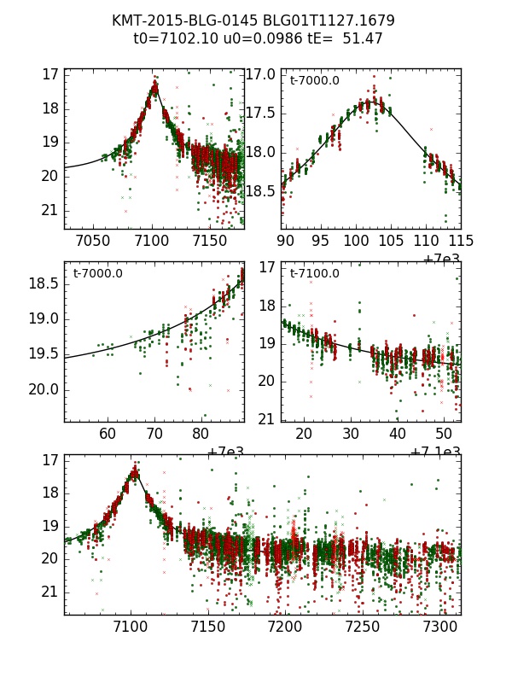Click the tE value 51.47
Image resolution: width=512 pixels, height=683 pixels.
pyautogui.click(x=364, y=38)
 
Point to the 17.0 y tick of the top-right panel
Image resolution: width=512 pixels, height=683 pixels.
pyautogui.click(x=261, y=74)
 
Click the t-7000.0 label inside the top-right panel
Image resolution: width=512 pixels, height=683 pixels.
pyautogui.click(x=314, y=81)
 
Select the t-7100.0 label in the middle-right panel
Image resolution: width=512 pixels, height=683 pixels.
pyautogui.click(x=314, y=274)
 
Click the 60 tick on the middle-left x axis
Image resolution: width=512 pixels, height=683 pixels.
pyautogui.click(x=108, y=435)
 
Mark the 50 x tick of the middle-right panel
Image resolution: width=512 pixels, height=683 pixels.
pyautogui.click(x=444, y=435)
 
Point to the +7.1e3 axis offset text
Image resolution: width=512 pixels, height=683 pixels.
pyautogui.click(x=437, y=452)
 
